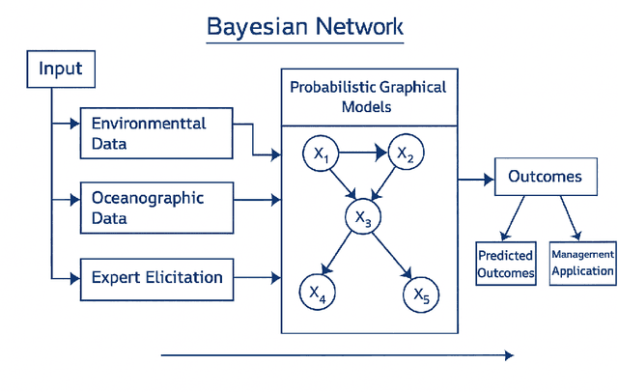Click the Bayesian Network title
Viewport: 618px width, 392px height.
click(x=304, y=26)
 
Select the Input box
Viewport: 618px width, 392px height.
click(x=60, y=70)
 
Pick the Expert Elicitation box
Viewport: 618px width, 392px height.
click(x=156, y=278)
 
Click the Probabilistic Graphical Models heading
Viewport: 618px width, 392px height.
click(x=368, y=97)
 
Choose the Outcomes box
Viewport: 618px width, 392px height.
click(x=545, y=177)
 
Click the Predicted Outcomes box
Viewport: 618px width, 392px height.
click(x=506, y=264)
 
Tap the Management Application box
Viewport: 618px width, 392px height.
click(x=582, y=263)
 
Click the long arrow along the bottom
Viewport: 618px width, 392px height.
click(x=337, y=355)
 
